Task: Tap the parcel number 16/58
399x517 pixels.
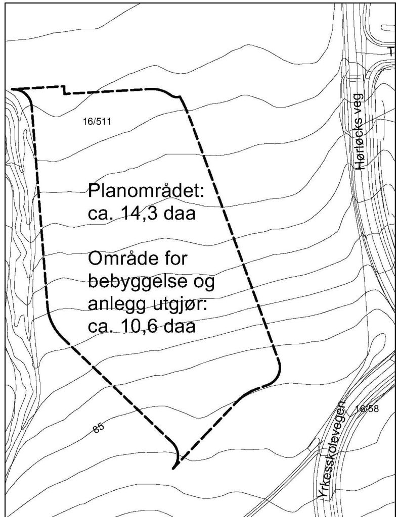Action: (x=367, y=408)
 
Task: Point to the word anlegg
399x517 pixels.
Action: (x=116, y=304)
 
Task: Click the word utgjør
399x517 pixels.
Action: (x=174, y=304)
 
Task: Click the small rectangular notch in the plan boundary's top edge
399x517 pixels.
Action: (x=64, y=90)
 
